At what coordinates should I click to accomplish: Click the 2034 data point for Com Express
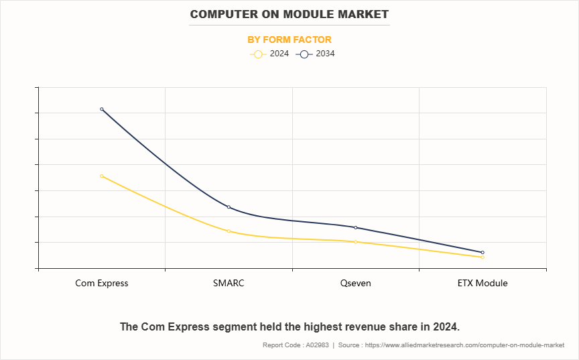[102, 109]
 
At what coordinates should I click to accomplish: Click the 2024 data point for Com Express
[102, 176]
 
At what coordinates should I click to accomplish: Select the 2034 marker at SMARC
[229, 207]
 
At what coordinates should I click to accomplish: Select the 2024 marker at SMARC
[229, 231]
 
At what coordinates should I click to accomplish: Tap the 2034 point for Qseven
[355, 228]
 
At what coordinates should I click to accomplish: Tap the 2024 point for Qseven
[355, 242]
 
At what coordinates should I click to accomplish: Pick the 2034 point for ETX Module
[482, 253]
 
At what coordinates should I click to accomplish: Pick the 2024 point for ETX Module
[482, 257]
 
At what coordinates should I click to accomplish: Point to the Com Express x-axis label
[102, 283]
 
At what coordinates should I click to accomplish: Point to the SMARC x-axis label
[229, 283]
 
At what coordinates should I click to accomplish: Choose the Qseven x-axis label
[355, 283]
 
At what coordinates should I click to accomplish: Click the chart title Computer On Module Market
[289, 14]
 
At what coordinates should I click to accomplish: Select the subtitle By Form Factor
[289, 40]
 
